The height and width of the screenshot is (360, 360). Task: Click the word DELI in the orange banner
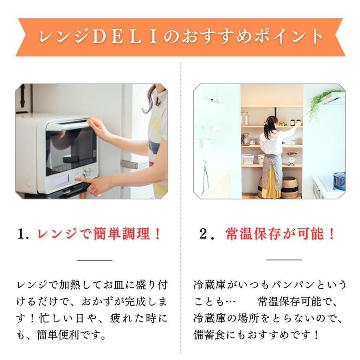(125, 36)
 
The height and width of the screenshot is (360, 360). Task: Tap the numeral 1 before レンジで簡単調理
(22, 234)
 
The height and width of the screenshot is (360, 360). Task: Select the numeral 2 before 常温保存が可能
(203, 234)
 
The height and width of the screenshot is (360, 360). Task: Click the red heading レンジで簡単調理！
(99, 234)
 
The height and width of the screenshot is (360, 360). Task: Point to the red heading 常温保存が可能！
(280, 234)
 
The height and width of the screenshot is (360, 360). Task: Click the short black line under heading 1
(94, 260)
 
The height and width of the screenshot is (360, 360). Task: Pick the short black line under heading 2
(284, 260)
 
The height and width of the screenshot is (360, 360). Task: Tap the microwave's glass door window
(71, 149)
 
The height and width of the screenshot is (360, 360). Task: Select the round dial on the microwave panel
(85, 173)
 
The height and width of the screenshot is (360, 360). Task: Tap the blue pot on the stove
(339, 181)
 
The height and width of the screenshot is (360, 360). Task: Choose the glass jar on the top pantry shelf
(245, 118)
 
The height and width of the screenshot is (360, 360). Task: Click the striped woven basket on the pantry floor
(289, 187)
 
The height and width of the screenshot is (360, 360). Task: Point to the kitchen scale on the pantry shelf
(292, 158)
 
